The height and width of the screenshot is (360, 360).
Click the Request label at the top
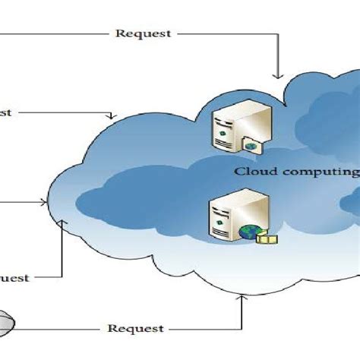click(142, 34)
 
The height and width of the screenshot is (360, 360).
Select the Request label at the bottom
click(135, 328)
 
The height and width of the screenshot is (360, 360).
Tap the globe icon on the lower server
click(249, 232)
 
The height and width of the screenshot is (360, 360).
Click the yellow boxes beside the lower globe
click(267, 238)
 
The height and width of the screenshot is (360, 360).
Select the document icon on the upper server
click(251, 144)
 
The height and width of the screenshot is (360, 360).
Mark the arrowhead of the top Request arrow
click(277, 75)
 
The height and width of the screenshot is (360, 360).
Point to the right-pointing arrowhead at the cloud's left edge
click(43, 203)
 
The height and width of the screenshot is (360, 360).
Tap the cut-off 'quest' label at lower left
click(14, 278)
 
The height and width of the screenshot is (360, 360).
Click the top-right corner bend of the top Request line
click(277, 34)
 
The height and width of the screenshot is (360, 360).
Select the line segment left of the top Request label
click(53, 34)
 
